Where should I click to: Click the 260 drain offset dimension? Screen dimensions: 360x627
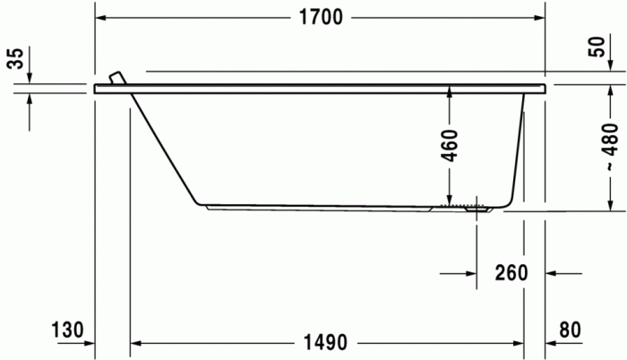pyautogui.click(x=510, y=272)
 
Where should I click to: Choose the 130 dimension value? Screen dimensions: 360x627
pyautogui.click(x=67, y=329)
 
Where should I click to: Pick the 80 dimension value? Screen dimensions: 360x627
pyautogui.click(x=570, y=329)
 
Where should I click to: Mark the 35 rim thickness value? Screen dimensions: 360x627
pyautogui.click(x=15, y=60)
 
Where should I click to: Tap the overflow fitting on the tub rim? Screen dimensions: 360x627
pyautogui.click(x=115, y=78)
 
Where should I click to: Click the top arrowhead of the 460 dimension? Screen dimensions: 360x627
pyautogui.click(x=450, y=92)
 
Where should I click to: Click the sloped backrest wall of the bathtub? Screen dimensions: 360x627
pyautogui.click(x=165, y=149)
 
